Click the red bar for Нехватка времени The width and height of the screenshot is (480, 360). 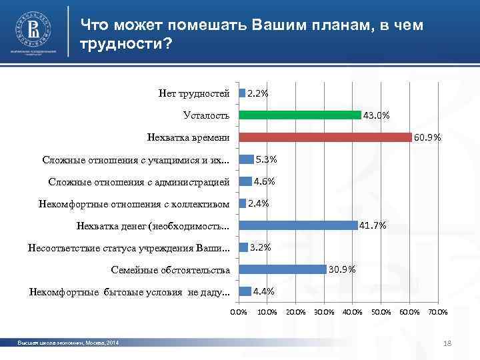325,137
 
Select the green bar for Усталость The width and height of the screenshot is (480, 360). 300,115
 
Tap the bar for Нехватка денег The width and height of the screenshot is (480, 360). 298,225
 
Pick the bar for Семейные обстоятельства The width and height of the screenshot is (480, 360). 283,269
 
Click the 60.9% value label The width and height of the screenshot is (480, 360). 427,138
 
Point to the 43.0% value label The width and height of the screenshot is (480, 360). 377,115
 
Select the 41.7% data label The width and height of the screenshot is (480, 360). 373,225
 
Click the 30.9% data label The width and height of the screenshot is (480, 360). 342,269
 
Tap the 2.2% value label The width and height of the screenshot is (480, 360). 258,93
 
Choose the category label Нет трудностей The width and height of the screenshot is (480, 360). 194,93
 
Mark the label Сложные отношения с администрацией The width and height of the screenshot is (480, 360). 139,181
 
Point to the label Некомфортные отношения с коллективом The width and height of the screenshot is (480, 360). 134,203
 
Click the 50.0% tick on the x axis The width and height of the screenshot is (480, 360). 381,312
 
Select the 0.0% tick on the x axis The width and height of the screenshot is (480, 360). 238,312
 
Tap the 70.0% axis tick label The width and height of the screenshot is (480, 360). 437,312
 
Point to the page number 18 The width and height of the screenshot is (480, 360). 447,343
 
